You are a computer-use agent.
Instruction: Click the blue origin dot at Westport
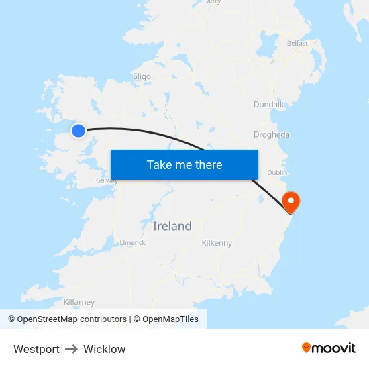tap(78, 131)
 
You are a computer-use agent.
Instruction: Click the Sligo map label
tap(142, 76)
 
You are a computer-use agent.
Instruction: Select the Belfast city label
tap(297, 43)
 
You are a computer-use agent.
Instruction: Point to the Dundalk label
tap(269, 104)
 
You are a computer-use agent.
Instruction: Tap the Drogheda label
tap(272, 134)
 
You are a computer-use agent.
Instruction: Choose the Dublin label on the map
tap(277, 172)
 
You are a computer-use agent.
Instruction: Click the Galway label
tap(107, 180)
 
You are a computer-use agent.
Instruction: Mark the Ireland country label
tap(172, 226)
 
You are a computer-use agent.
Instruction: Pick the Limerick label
tap(132, 242)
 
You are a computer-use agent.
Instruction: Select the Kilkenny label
tap(217, 242)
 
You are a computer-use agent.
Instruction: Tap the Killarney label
tap(79, 302)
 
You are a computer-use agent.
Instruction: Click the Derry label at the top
tap(212, 2)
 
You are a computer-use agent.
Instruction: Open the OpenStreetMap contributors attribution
tap(72, 319)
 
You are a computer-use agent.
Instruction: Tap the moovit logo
tap(329, 348)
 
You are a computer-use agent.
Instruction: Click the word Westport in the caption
tap(36, 349)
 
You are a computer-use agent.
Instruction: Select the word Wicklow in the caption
tap(104, 349)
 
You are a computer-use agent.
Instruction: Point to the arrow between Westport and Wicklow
tap(71, 349)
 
